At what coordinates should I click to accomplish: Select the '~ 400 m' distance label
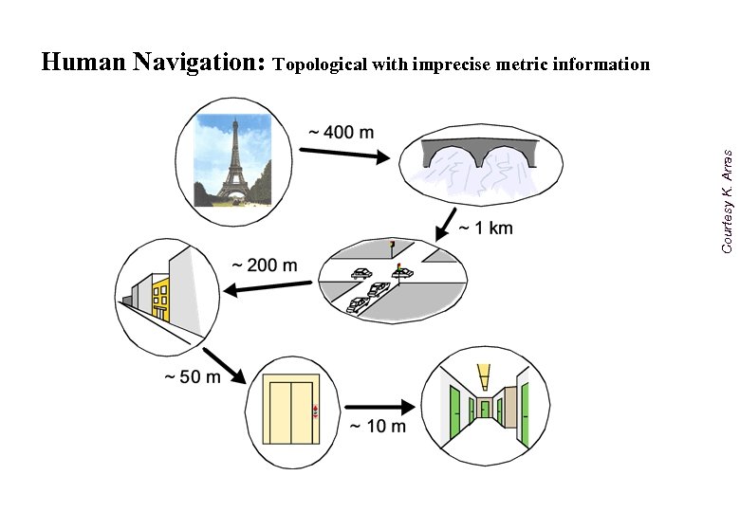coord(341,132)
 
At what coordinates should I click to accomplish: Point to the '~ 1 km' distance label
coord(486,228)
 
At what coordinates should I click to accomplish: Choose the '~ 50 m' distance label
coord(192,376)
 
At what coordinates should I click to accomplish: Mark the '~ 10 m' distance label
coord(377,426)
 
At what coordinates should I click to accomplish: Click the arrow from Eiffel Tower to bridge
coord(344,155)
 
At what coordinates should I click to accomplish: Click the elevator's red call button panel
coord(317,411)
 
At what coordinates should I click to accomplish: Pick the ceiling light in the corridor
coord(484,374)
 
